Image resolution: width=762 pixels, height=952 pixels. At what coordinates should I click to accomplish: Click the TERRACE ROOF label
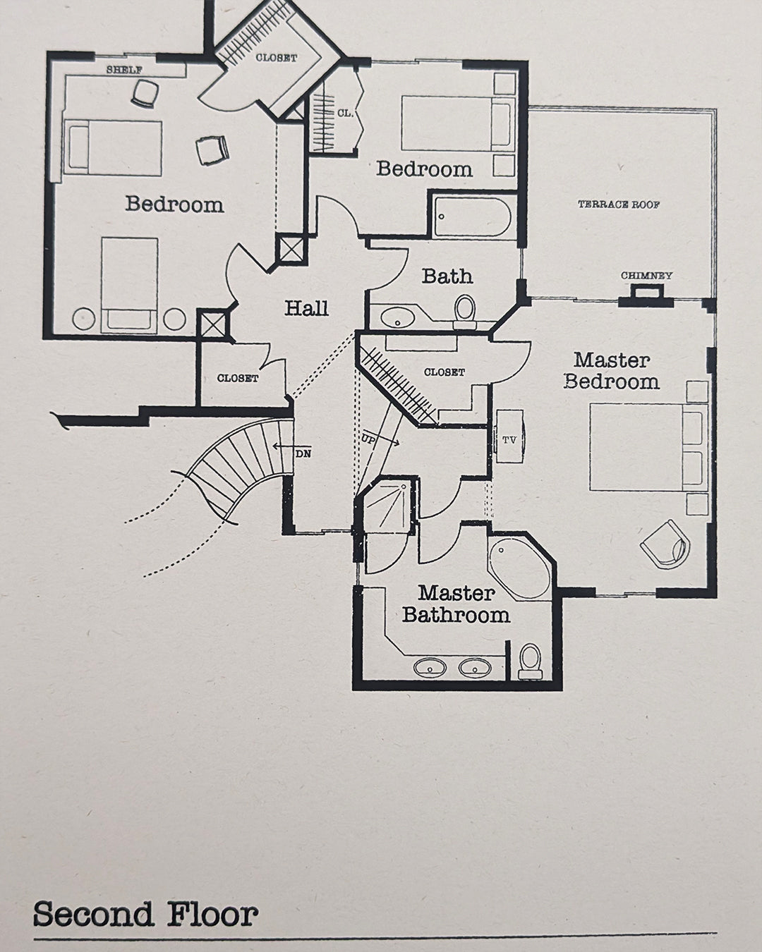(x=619, y=205)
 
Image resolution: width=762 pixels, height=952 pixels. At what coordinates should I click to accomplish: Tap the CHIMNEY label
(x=646, y=276)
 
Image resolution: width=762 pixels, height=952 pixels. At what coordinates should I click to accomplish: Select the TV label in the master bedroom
(x=509, y=440)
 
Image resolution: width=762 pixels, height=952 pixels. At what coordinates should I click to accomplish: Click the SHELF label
(x=124, y=70)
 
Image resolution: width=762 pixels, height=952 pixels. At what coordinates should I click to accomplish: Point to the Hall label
(x=306, y=308)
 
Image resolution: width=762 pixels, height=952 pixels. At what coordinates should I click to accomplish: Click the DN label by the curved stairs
(x=303, y=454)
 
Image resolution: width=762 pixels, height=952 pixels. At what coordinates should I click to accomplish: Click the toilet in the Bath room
(x=464, y=312)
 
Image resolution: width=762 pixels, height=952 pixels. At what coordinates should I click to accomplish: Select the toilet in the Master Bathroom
(x=530, y=661)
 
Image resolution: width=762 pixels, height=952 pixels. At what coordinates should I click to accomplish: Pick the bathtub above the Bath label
(x=472, y=216)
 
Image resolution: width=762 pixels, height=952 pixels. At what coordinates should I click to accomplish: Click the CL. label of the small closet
(x=345, y=114)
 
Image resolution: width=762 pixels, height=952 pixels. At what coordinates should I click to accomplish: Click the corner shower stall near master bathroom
(x=385, y=505)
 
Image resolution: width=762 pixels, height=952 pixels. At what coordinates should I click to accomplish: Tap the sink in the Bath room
(x=397, y=317)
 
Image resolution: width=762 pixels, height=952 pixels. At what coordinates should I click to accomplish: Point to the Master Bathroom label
(x=456, y=604)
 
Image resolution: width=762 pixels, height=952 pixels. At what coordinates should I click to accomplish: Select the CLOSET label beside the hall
(x=237, y=378)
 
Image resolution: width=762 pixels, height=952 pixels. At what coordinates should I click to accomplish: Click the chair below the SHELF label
(x=145, y=93)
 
